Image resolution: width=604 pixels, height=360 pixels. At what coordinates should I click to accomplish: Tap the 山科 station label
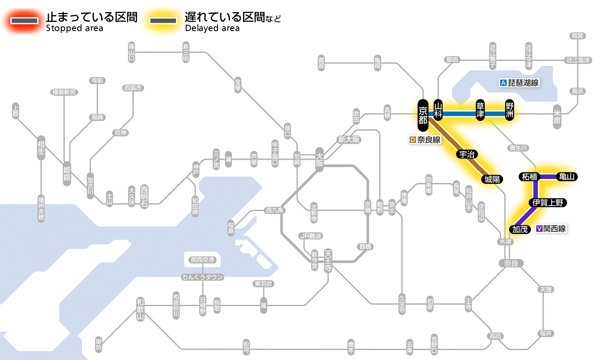[438, 110]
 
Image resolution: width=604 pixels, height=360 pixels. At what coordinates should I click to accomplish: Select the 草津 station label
[480, 110]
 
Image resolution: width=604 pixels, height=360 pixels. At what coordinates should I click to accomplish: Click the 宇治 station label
[467, 155]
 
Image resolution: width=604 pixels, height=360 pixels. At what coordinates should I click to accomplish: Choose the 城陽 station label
[492, 179]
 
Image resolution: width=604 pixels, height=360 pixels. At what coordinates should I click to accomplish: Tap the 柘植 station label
[529, 177]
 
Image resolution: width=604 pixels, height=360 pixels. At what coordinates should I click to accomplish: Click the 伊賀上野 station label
[547, 203]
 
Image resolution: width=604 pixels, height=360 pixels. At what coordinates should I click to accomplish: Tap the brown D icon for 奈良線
[412, 140]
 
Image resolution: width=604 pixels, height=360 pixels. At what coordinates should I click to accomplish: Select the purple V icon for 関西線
[539, 229]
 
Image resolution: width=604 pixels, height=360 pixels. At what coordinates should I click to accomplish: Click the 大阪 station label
[320, 159]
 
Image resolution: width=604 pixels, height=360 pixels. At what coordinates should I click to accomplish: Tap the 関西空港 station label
[202, 260]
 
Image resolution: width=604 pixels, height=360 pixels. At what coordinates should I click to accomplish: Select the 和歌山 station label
[140, 309]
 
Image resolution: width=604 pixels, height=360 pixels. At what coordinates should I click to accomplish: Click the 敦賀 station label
[577, 36]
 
